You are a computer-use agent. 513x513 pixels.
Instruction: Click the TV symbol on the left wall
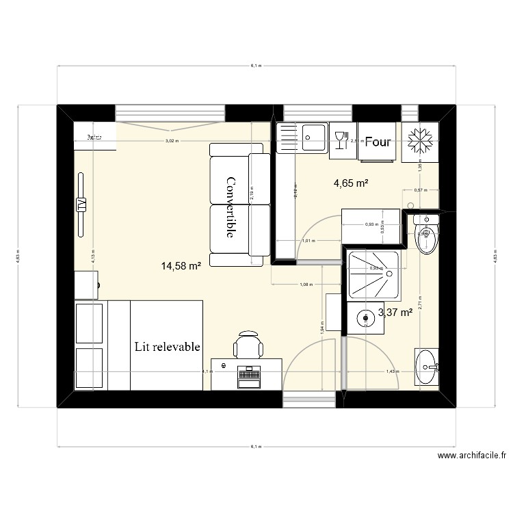tap(81, 205)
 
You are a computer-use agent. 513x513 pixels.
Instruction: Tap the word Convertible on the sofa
tap(231, 207)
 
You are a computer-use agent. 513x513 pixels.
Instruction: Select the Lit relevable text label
tap(168, 347)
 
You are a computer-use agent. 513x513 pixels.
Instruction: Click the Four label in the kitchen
tap(378, 142)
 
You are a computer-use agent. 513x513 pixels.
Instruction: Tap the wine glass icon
tap(341, 140)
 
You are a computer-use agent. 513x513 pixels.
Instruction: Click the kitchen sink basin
tap(315, 137)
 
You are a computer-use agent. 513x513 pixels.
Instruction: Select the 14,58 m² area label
tap(181, 266)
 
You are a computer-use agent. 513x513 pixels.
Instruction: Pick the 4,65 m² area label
tap(351, 183)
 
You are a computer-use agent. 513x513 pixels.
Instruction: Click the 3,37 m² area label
tap(395, 313)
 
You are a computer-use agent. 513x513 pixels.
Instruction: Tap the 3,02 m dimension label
tap(171, 141)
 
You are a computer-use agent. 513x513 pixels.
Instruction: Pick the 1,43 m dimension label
tap(392, 371)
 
